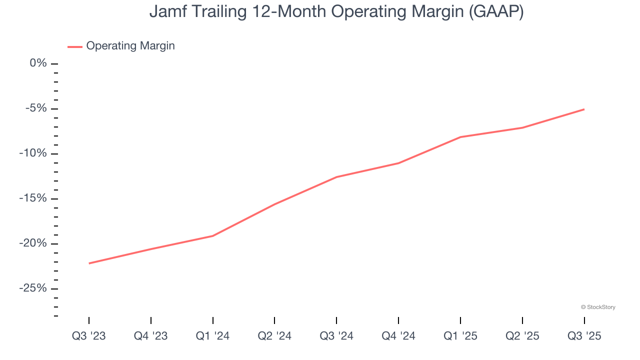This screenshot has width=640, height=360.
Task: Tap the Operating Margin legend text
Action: pos(130,46)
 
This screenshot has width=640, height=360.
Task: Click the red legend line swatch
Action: pos(75,47)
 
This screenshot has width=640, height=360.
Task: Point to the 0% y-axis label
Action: pos(38,63)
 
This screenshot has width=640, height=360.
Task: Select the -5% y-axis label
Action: pos(36,108)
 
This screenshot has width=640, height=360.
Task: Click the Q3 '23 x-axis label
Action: pos(89,336)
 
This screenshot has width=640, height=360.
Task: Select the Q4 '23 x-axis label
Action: pos(151,336)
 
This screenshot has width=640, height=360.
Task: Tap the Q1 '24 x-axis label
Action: pos(213,336)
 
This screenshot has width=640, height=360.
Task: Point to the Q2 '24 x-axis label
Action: pos(274,336)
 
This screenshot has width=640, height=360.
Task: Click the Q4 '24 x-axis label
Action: pos(398,336)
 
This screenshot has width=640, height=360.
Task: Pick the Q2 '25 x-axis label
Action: pos(522,336)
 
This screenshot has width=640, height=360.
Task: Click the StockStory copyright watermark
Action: pos(598,307)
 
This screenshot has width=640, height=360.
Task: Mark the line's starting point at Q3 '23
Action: pos(89,263)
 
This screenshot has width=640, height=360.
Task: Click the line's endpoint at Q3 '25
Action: pos(584,109)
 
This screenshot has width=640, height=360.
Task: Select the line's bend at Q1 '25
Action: pos(460,137)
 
